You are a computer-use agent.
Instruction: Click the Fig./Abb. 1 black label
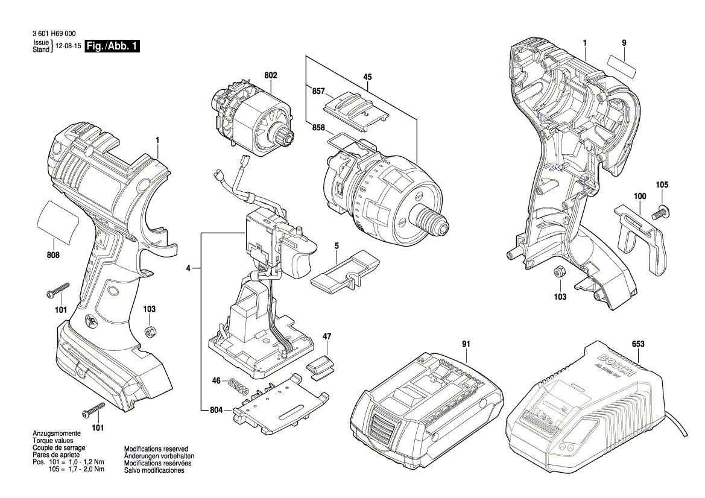click(113, 46)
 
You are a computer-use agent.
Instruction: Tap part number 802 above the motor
click(271, 75)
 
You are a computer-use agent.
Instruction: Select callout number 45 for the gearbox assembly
click(367, 77)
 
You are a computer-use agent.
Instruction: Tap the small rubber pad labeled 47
click(320, 367)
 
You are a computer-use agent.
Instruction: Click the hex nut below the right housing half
click(559, 273)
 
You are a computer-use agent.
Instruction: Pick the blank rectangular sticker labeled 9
click(622, 64)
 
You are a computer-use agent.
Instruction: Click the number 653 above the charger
click(639, 344)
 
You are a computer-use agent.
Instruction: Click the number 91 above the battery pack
click(466, 344)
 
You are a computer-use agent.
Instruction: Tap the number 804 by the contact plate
click(217, 410)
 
